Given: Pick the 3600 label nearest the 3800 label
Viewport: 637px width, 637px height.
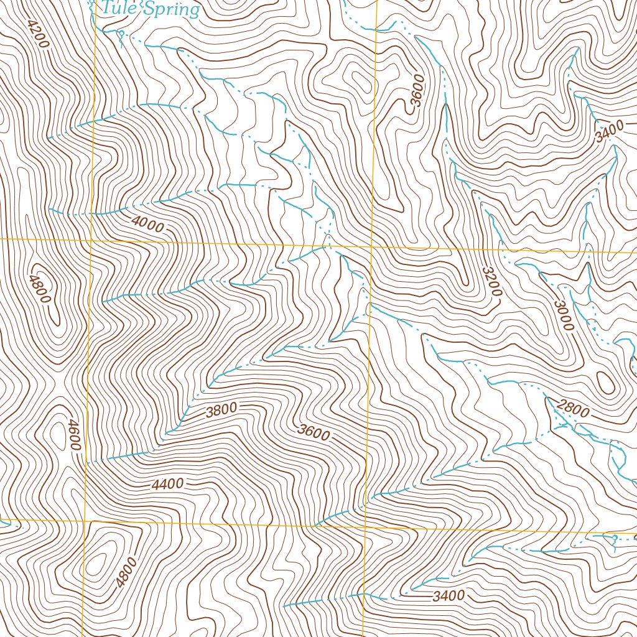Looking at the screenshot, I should click(x=314, y=431).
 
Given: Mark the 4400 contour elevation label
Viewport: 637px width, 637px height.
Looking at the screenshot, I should click(x=167, y=483).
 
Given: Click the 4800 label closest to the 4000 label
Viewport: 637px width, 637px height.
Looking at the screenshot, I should click(x=39, y=288).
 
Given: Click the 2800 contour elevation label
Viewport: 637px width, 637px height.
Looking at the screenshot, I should click(x=573, y=408).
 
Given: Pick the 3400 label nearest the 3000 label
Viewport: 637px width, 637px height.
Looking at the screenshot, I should click(x=608, y=131).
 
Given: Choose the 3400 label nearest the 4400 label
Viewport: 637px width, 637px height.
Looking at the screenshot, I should click(x=449, y=596).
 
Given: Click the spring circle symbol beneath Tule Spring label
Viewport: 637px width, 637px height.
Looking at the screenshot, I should click(x=121, y=33).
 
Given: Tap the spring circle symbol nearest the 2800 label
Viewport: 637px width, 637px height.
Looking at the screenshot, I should click(x=614, y=537).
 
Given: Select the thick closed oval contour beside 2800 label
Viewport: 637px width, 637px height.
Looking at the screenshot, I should click(x=604, y=380).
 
